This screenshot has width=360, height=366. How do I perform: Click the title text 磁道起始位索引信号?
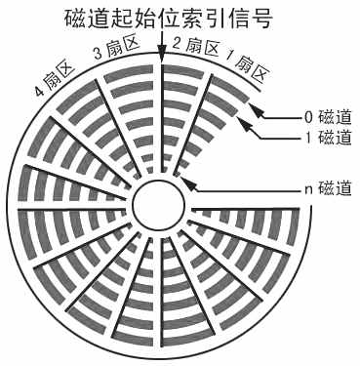coord(161,19)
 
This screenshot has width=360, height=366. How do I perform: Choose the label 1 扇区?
coord(239,64)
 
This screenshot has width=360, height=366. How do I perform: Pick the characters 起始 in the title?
coord(139,19)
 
